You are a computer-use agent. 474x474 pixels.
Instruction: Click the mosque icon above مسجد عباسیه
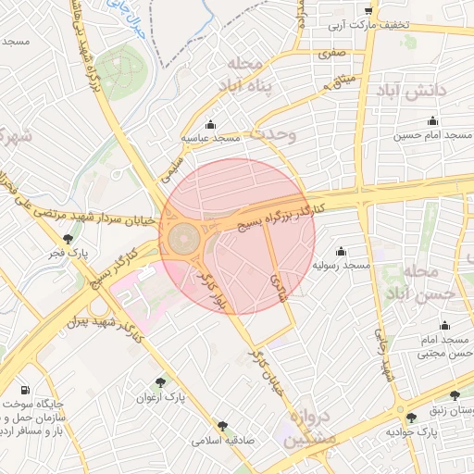tap(210, 125)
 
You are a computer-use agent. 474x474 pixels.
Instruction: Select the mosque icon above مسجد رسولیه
tap(341, 251)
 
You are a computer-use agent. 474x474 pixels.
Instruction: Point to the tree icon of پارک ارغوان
tap(162, 381)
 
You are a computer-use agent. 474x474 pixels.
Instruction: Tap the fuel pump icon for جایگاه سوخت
tap(24, 389)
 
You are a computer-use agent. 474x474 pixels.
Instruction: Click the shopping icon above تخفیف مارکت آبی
tap(368, 10)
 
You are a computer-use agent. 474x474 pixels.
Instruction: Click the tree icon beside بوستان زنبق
tap(411, 418)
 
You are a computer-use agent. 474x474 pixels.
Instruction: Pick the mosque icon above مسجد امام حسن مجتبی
tap(445, 325)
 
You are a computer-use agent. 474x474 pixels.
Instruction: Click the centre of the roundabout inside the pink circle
tap(183, 241)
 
